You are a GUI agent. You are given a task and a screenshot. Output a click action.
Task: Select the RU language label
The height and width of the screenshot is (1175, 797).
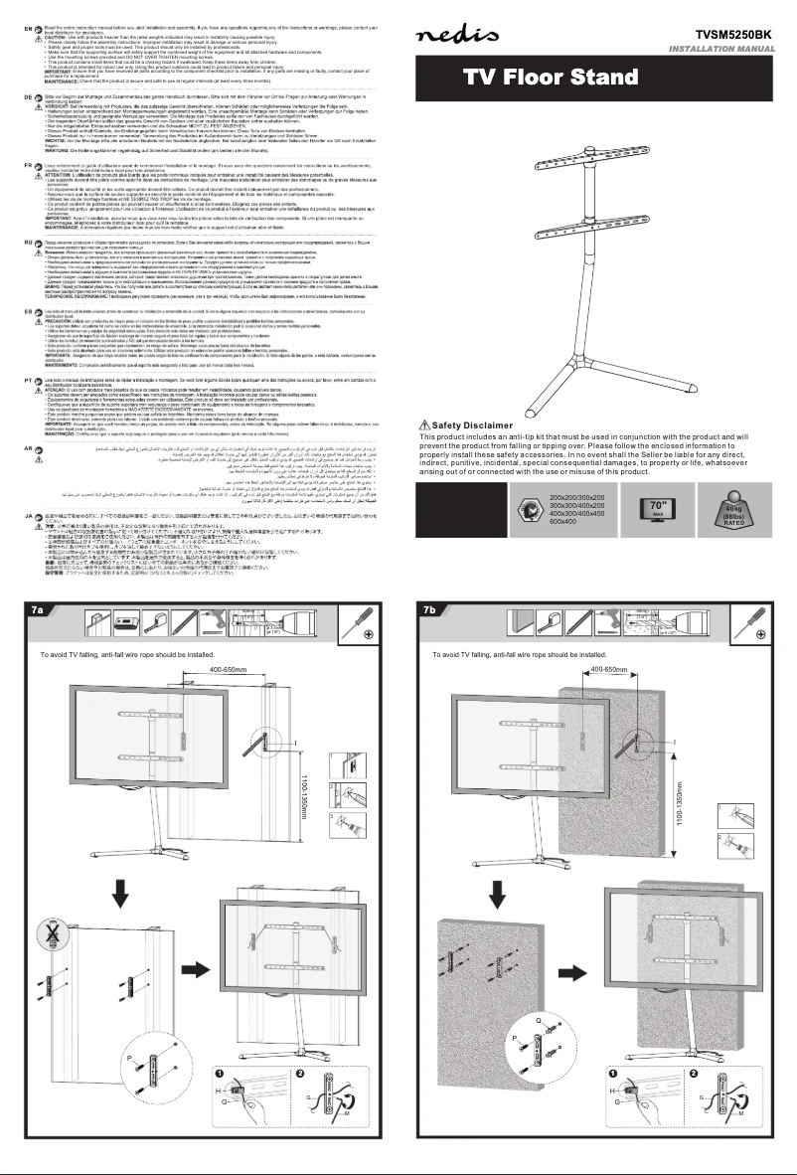13,241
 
